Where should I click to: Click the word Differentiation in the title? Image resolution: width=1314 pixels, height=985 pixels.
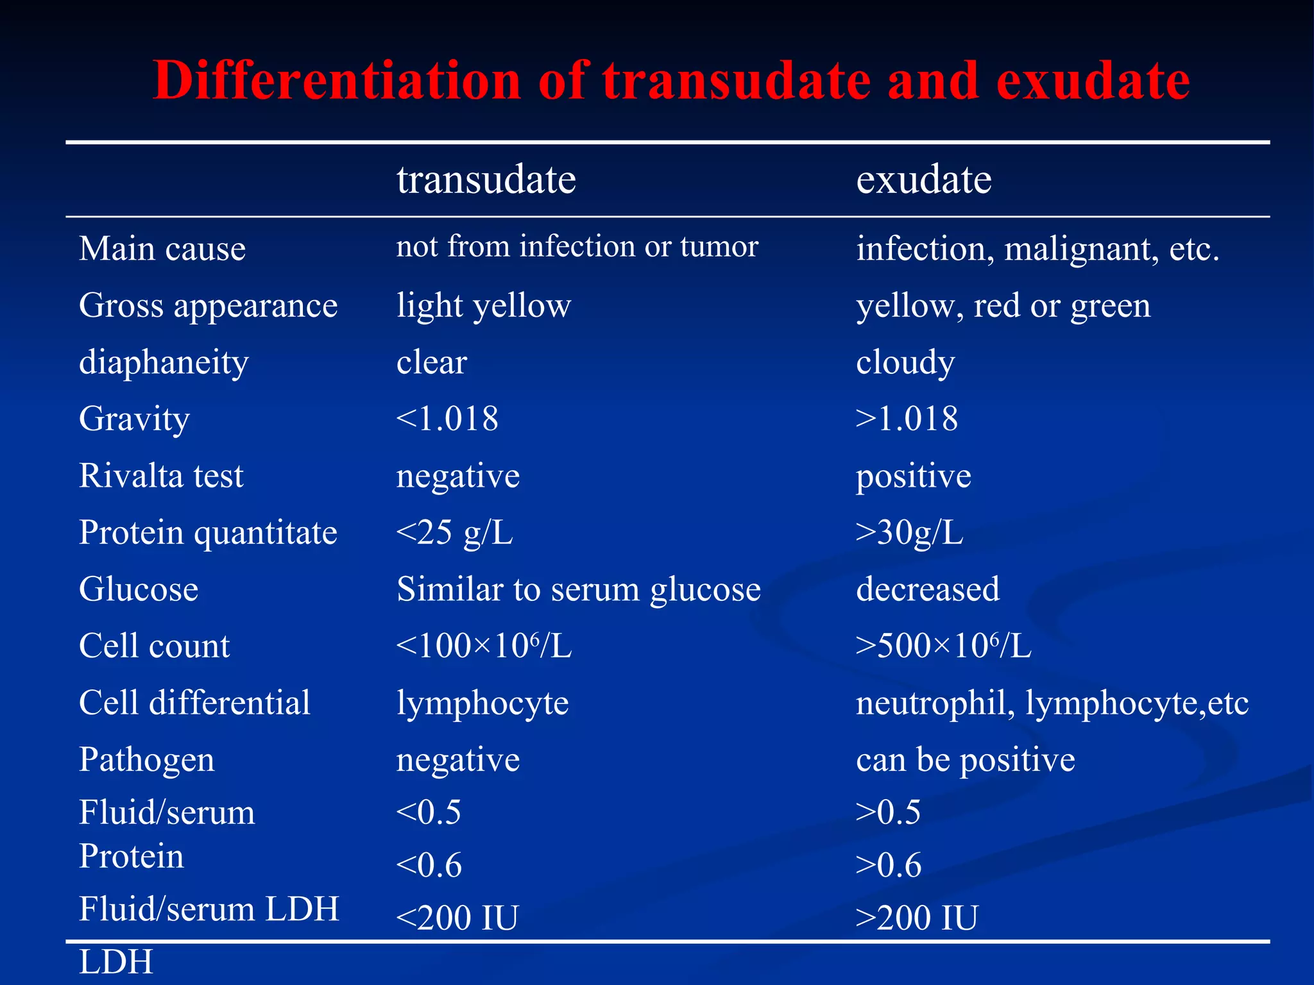click(337, 81)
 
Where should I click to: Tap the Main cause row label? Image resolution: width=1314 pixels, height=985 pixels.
click(162, 249)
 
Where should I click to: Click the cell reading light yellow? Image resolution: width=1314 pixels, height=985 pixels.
click(483, 305)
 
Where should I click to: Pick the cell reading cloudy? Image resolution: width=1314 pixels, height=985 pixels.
click(905, 362)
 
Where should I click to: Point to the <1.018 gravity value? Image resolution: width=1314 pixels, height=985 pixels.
click(447, 419)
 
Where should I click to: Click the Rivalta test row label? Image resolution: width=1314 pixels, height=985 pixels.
click(161, 476)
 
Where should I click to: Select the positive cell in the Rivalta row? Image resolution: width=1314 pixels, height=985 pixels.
click(914, 476)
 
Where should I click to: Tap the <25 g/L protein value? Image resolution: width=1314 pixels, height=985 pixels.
click(454, 532)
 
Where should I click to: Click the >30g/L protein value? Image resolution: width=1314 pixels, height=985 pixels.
click(909, 532)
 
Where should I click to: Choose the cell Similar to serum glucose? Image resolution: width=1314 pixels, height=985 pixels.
click(578, 589)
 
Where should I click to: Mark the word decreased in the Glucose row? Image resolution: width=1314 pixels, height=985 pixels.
click(927, 589)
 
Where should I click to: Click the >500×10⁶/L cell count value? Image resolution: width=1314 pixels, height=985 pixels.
click(943, 646)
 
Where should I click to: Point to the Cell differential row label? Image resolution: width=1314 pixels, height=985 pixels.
click(194, 703)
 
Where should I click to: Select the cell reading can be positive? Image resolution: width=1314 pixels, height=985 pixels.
click(965, 760)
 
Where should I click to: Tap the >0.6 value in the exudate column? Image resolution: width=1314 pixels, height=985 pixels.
click(889, 865)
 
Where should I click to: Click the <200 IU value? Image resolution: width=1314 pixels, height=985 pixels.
click(457, 918)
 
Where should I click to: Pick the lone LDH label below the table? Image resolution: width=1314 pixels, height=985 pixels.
click(116, 962)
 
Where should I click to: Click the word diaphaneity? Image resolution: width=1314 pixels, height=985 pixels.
click(164, 362)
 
